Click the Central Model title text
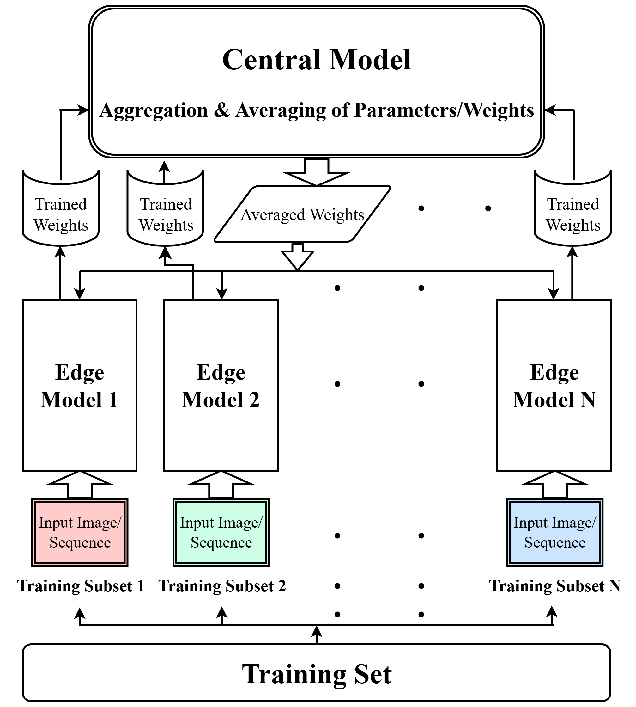point(316,59)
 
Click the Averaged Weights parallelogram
point(302,214)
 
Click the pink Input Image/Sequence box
point(80,532)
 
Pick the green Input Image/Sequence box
point(221,532)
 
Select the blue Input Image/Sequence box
point(554,532)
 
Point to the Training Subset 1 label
point(81,586)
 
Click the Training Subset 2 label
point(222,586)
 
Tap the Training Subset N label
point(554,586)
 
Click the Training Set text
point(316,674)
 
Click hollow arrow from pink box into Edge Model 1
point(80,485)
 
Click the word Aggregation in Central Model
point(154,110)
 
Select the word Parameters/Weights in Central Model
point(444,110)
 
